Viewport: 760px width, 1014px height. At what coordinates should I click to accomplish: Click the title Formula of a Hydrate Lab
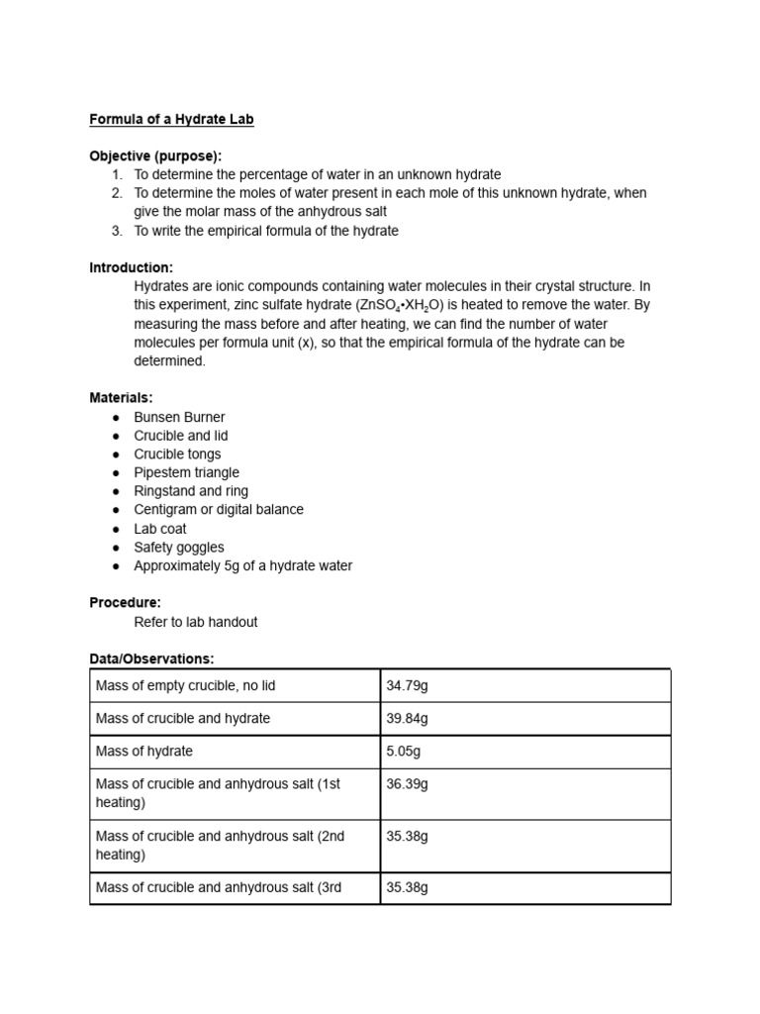(172, 120)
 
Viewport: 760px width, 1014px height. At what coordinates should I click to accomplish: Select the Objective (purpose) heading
(155, 156)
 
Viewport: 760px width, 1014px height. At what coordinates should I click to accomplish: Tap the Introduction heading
(132, 267)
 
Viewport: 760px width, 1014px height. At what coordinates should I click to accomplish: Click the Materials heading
(122, 398)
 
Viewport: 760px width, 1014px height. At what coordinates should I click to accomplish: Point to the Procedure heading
(125, 602)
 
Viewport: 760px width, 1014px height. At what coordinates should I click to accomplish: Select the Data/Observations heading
(151, 659)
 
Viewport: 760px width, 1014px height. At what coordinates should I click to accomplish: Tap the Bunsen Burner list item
(179, 417)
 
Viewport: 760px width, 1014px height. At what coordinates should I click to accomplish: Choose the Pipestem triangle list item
(186, 472)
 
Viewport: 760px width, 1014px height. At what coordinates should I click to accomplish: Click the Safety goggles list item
(179, 547)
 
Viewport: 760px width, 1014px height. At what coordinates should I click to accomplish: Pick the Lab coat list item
(160, 529)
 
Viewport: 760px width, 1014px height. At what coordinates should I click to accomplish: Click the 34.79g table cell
(407, 685)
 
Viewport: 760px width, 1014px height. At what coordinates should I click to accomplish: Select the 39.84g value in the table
(407, 718)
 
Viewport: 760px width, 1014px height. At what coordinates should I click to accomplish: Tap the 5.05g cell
(403, 751)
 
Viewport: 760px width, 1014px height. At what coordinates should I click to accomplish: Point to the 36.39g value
(407, 783)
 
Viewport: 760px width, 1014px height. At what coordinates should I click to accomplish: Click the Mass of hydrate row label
(144, 751)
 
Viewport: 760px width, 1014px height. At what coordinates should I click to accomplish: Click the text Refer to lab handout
(196, 622)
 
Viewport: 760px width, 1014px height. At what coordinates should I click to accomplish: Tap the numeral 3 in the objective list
(116, 231)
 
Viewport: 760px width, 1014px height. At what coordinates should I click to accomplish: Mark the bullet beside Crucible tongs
(116, 455)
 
